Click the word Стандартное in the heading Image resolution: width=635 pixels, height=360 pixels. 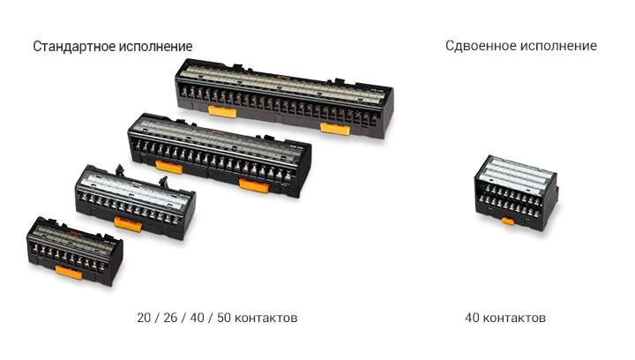coord(74,47)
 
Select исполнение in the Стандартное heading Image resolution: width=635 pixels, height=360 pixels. coord(156,47)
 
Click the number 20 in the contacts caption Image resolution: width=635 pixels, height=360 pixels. coord(144,318)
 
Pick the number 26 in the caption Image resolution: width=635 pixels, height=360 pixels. coord(170,318)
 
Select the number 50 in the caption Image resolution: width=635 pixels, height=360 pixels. coord(224,318)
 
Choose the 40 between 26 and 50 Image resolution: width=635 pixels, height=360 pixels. coord(198,318)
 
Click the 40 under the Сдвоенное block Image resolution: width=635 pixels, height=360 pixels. coord(472,318)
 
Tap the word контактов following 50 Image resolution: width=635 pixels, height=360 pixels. coord(266,319)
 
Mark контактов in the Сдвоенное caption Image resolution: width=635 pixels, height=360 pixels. coord(514,319)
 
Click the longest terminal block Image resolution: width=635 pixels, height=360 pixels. coord(284,99)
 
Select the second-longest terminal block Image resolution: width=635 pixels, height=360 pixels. coord(220,155)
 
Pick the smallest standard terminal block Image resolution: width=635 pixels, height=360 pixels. coord(75,251)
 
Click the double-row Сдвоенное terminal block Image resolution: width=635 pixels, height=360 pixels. coord(516,193)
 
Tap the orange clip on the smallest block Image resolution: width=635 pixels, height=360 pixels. coord(69,272)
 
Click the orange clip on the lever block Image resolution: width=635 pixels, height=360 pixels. coord(129,223)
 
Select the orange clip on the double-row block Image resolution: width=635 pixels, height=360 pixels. coord(508,221)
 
